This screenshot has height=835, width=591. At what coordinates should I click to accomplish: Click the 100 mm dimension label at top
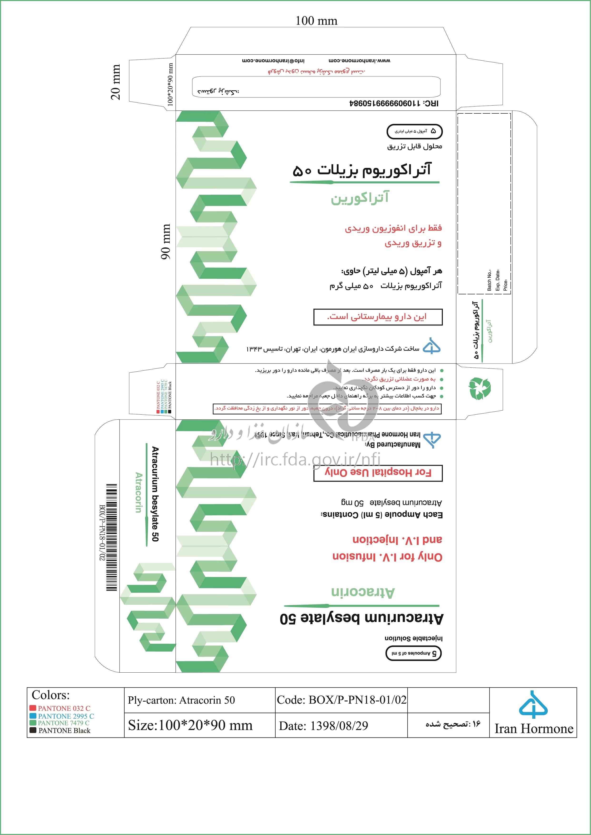(x=316, y=21)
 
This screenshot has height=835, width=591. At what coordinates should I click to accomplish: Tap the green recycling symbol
(x=480, y=388)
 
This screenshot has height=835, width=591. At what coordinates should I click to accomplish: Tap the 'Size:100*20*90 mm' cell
(x=190, y=725)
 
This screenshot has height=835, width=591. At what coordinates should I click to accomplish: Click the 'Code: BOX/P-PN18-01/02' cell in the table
(x=341, y=700)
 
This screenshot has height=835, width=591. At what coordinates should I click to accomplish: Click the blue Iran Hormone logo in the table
(x=533, y=705)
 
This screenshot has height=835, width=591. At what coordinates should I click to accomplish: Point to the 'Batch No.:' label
(x=489, y=280)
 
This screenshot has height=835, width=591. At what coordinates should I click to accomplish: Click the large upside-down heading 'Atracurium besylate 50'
(x=361, y=618)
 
